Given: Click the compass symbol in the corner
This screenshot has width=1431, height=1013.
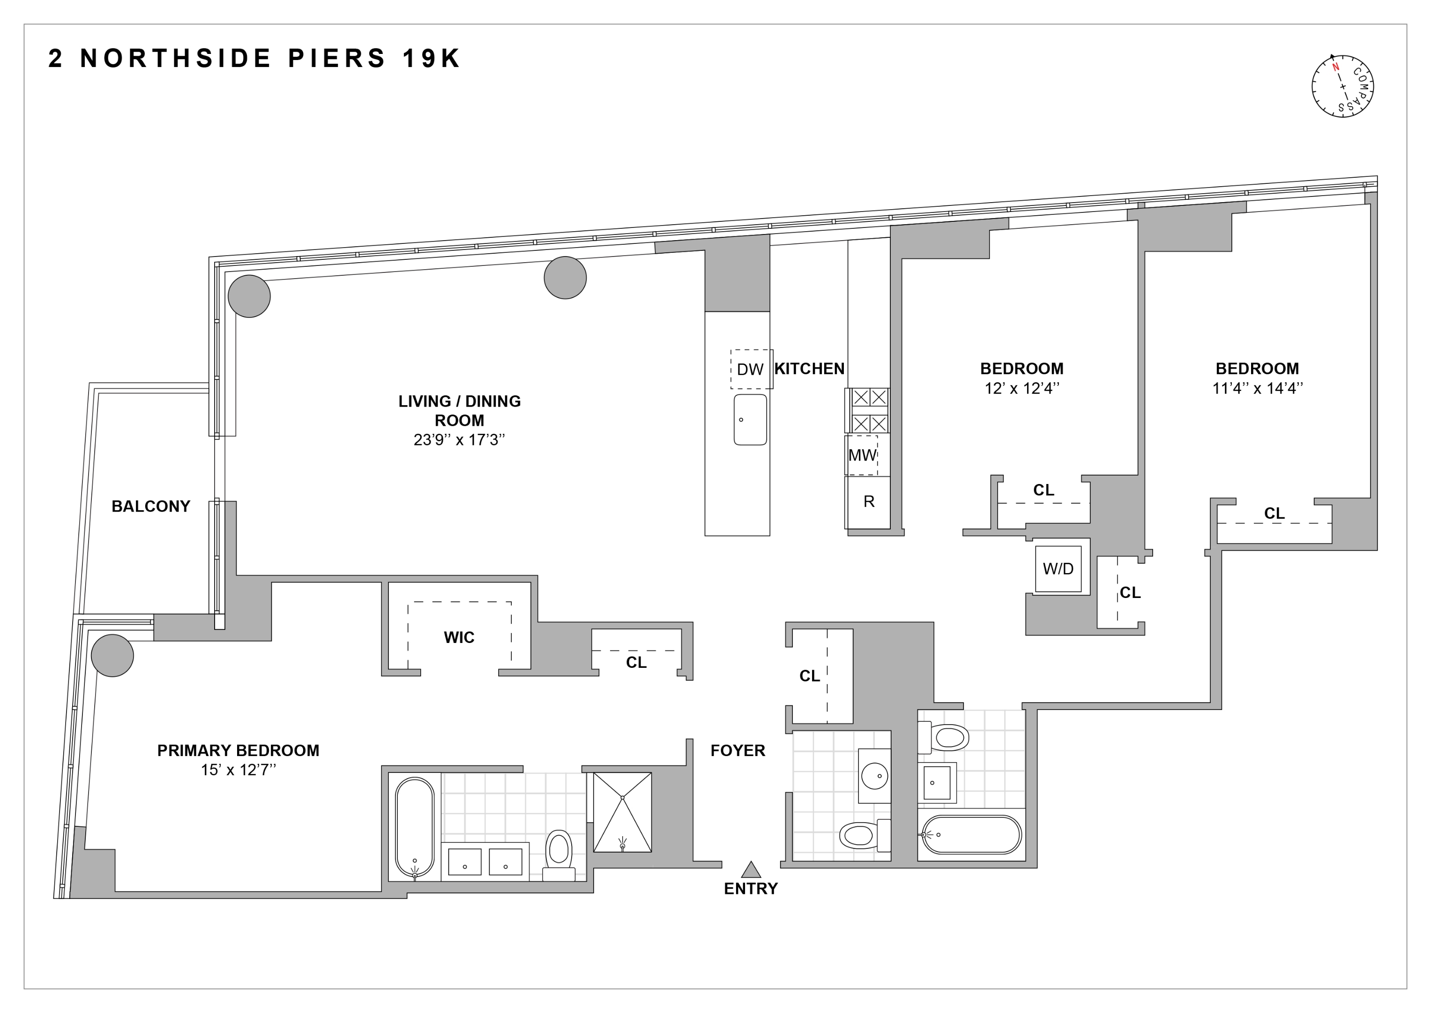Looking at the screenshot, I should [1342, 87].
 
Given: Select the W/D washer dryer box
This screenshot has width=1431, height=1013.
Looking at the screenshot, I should [1058, 569].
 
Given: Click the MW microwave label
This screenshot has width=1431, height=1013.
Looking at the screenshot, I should [862, 455].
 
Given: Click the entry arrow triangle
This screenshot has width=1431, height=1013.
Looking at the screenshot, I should [751, 869].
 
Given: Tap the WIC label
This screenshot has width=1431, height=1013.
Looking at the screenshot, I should [459, 637].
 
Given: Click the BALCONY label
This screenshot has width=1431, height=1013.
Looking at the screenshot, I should [151, 506].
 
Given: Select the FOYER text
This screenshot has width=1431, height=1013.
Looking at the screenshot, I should [738, 750].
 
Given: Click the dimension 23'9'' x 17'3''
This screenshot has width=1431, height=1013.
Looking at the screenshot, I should [459, 440].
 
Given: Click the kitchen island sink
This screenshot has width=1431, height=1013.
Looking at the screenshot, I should [750, 420].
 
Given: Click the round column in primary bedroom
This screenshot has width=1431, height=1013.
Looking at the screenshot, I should [112, 656].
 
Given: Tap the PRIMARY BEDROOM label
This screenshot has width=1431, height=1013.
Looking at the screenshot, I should [238, 750].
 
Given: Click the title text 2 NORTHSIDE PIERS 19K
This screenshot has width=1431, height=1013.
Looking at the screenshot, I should [254, 59].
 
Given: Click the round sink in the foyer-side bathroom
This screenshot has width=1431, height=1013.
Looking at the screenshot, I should [874, 777].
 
